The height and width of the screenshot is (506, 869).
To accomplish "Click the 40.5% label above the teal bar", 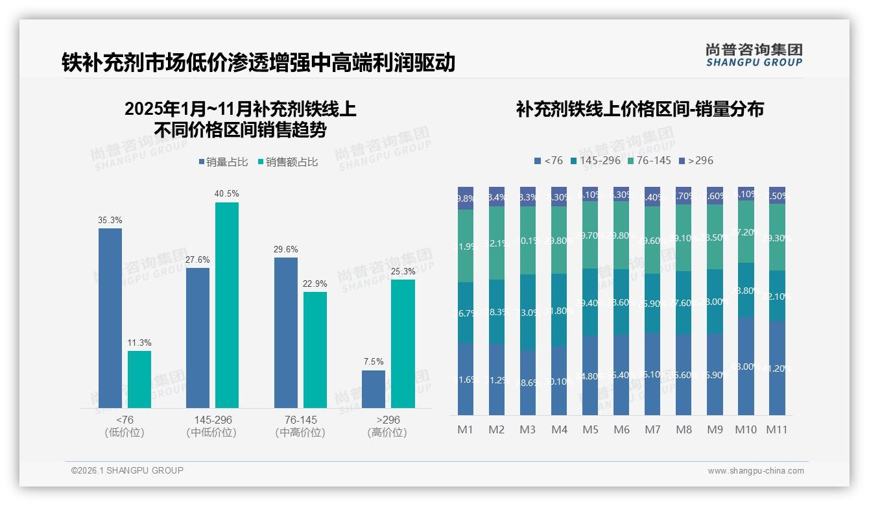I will pyautogui.click(x=227, y=193).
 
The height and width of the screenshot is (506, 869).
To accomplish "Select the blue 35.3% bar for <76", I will pyautogui.click(x=110, y=318).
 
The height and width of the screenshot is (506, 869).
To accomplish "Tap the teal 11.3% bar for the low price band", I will pyautogui.click(x=139, y=379).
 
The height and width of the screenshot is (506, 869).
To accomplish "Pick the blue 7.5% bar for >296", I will pyautogui.click(x=374, y=389).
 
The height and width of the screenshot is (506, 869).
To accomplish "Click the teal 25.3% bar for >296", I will pyautogui.click(x=403, y=344).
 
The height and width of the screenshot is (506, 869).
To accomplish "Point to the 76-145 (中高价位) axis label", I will pyautogui.click(x=300, y=426).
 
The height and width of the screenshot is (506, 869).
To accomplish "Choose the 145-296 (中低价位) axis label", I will pyautogui.click(x=211, y=426).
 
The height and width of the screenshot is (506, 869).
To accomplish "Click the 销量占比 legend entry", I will pyautogui.click(x=222, y=162).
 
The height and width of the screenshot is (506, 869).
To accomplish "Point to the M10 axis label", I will pyautogui.click(x=746, y=429).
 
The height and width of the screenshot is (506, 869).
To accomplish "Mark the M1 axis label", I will pyautogui.click(x=465, y=429).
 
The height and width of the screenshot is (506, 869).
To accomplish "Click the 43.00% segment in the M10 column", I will pyautogui.click(x=746, y=366).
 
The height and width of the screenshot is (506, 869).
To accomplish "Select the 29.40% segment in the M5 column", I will pyautogui.click(x=590, y=302).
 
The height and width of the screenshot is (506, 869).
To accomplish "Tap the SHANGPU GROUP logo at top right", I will pyautogui.click(x=754, y=55).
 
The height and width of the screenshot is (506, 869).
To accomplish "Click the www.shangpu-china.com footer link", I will pyautogui.click(x=756, y=471).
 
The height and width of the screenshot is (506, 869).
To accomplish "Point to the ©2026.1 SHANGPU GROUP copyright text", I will pyautogui.click(x=127, y=470).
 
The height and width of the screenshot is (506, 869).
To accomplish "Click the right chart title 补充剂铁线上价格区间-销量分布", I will pyautogui.click(x=639, y=109).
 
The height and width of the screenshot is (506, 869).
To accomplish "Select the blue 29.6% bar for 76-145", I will pyautogui.click(x=286, y=332).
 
